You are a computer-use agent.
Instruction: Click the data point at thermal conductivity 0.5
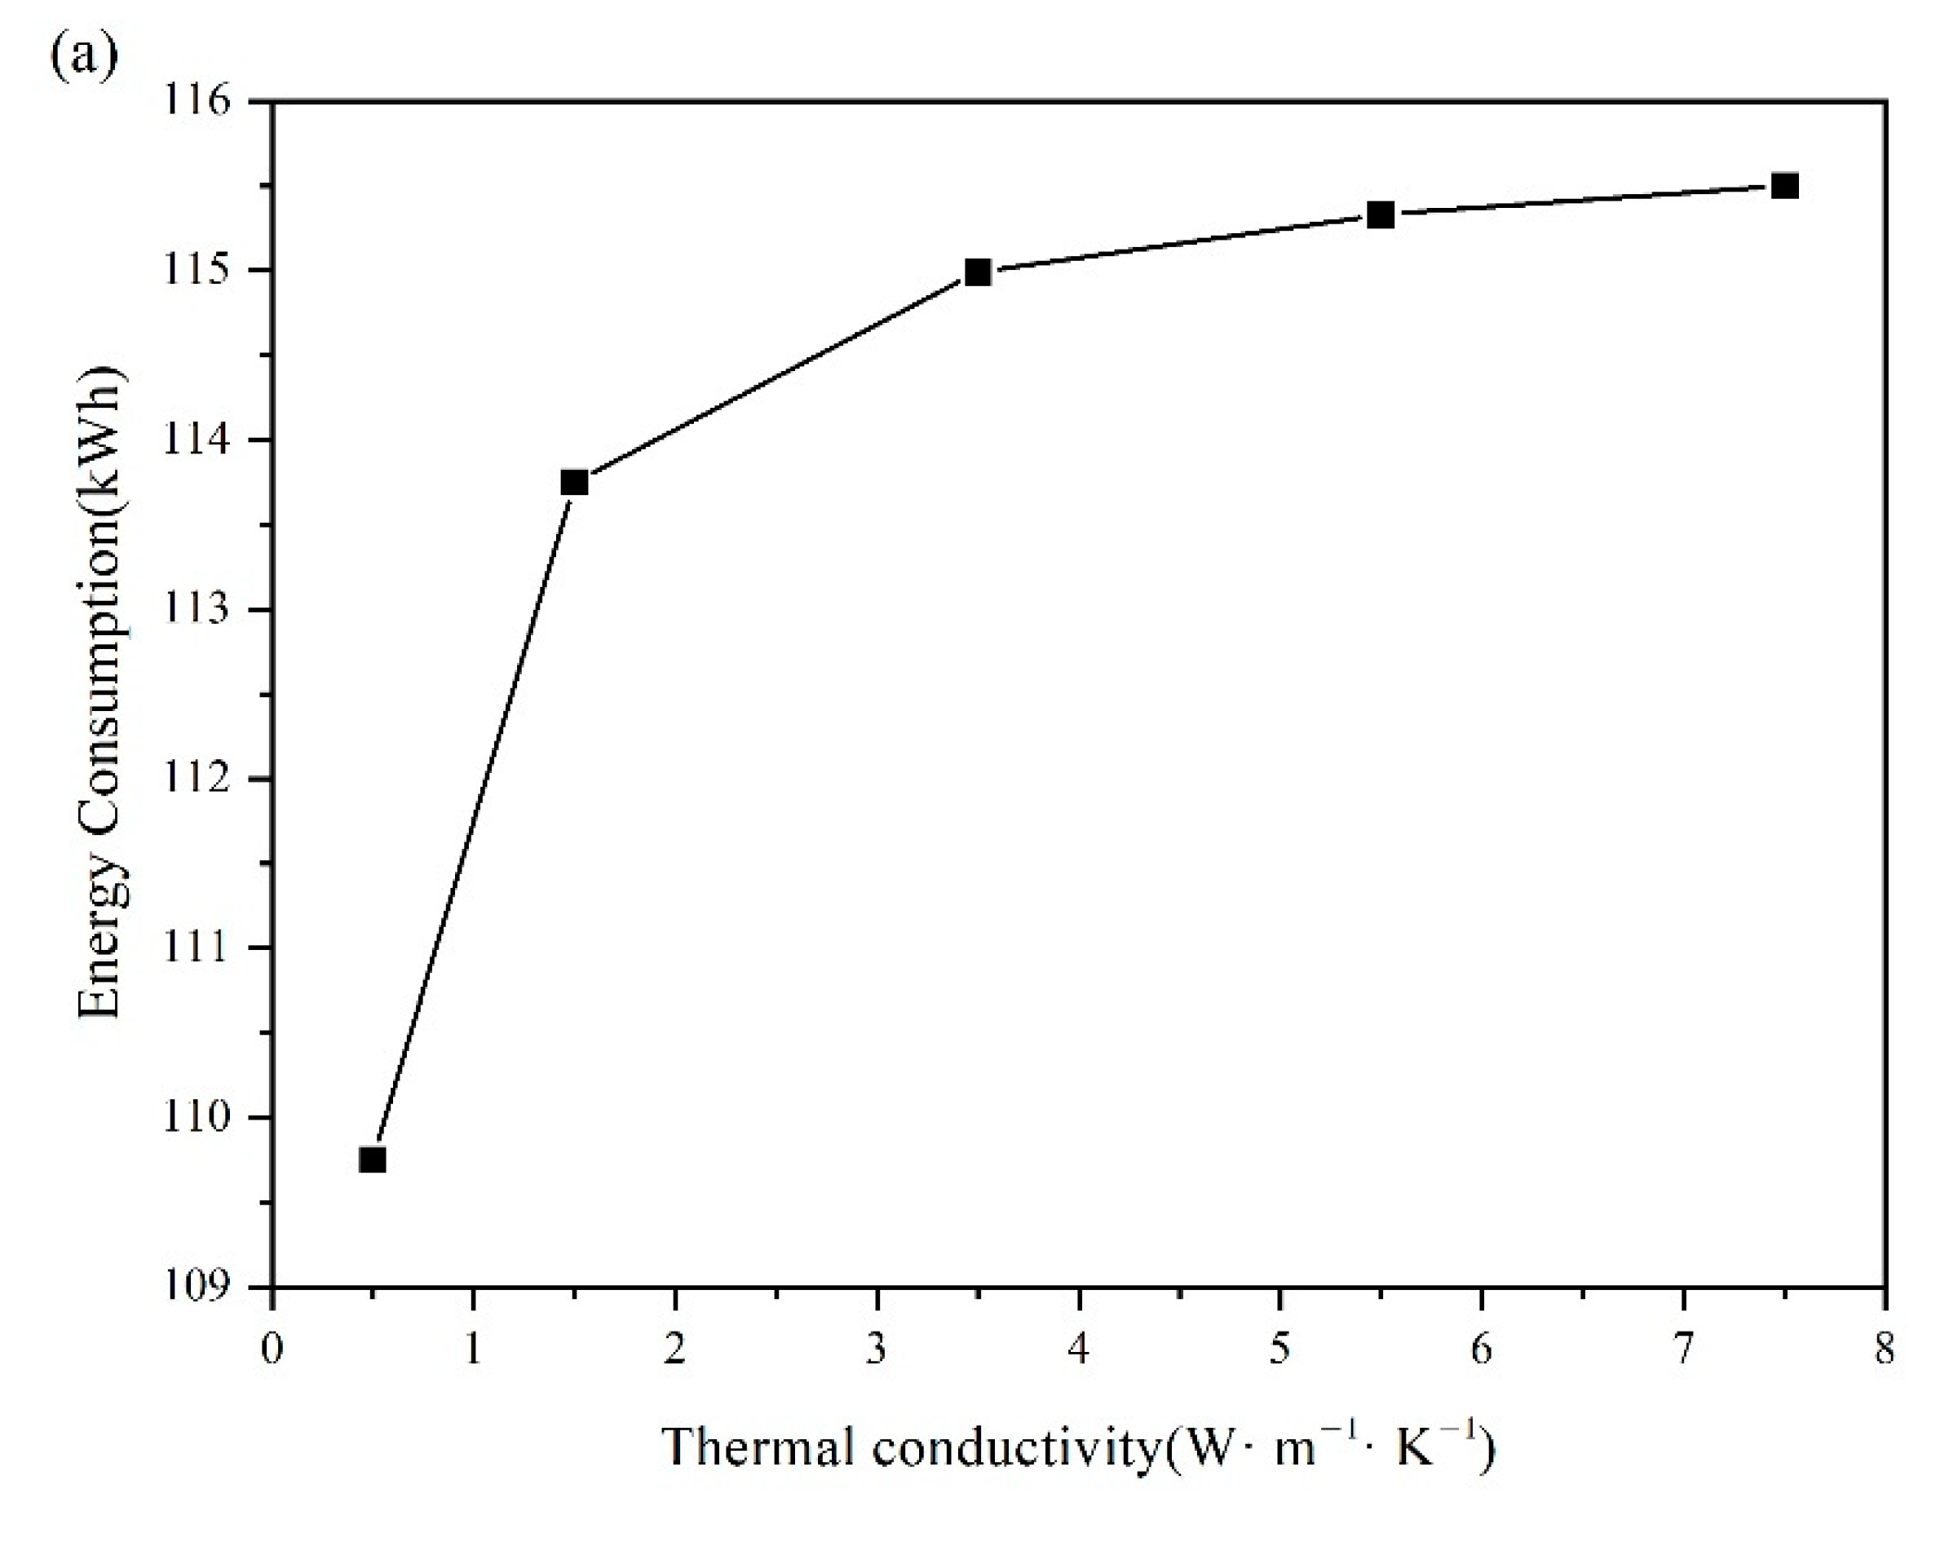[x=372, y=1160]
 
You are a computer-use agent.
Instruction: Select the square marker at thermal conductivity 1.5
[x=574, y=482]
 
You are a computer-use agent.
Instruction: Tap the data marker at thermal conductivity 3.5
[x=978, y=272]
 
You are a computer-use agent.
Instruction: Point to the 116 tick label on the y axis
[x=196, y=101]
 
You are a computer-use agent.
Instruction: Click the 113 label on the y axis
[x=196, y=609]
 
